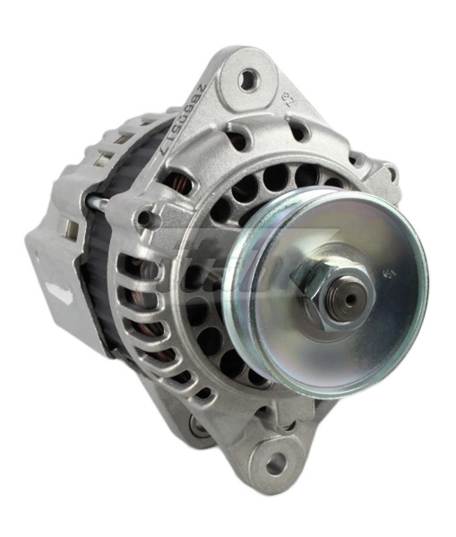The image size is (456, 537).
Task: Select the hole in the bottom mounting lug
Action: click(x=276, y=464)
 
